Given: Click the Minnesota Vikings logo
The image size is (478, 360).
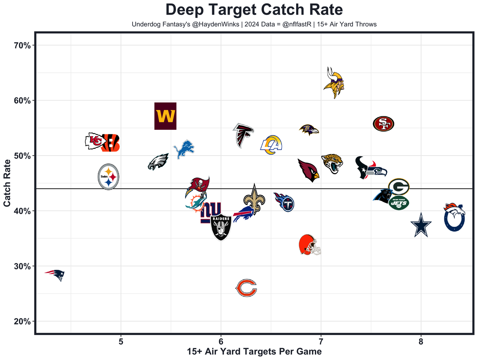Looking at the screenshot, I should point(333,82).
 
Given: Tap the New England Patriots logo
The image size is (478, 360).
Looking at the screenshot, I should point(55,275).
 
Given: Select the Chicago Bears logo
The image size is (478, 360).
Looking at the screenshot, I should point(246,288).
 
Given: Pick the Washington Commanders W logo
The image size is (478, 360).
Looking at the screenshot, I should point(165,116).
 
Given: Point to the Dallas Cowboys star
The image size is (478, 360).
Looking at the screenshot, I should point(421,225).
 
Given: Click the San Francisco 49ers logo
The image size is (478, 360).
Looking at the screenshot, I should point(383,123).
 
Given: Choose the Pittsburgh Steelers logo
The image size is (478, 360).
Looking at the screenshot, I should point(108,177).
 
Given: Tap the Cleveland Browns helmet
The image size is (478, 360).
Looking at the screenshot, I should point(309,245).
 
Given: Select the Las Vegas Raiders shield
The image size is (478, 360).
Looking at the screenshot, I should point(221,227).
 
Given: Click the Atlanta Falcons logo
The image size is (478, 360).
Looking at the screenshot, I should point(243,135).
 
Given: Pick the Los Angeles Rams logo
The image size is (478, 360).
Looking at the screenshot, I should point(271,145).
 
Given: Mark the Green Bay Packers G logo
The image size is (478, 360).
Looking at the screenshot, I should point(399,186).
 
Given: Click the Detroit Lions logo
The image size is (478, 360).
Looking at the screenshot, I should point(184,149).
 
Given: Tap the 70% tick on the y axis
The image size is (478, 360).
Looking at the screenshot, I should point(22,46).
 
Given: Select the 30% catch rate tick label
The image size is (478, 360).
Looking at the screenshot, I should point(22,266).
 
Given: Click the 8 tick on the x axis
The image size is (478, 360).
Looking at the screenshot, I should point(421,342).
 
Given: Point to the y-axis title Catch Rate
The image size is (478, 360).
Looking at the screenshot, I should point(7,183).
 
